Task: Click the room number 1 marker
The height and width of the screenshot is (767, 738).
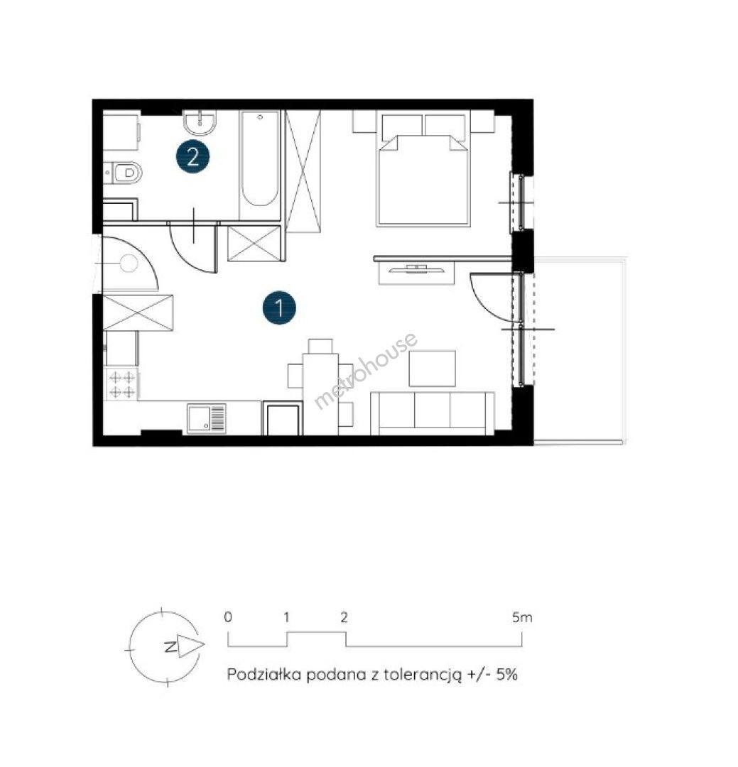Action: pyautogui.click(x=279, y=308)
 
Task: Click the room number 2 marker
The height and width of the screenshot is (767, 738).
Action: pyautogui.click(x=192, y=157)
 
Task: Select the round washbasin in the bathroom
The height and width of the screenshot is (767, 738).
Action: pyautogui.click(x=200, y=122)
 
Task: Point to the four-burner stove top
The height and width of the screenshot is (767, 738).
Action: pyautogui.click(x=122, y=384)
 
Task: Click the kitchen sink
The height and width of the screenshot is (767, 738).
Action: pyautogui.click(x=207, y=418)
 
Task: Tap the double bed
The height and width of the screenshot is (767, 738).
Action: pyautogui.click(x=423, y=169)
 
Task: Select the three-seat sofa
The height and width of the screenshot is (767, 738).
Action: pyautogui.click(x=433, y=413)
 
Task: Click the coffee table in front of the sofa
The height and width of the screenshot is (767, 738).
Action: pyautogui.click(x=433, y=369)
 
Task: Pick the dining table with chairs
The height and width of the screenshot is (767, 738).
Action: pyautogui.click(x=320, y=386)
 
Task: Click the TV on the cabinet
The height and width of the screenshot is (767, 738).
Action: pyautogui.click(x=416, y=268)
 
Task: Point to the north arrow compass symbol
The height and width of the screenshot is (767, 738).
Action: pyautogui.click(x=165, y=647)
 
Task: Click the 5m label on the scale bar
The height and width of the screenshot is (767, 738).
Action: pyautogui.click(x=522, y=617)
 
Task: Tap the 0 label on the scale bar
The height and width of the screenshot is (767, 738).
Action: pyautogui.click(x=228, y=617)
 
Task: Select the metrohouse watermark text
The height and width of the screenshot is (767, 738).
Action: pyautogui.click(x=365, y=370)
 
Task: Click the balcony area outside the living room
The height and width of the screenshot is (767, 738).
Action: pyautogui.click(x=580, y=350)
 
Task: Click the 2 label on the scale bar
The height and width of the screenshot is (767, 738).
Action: pyautogui.click(x=344, y=617)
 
